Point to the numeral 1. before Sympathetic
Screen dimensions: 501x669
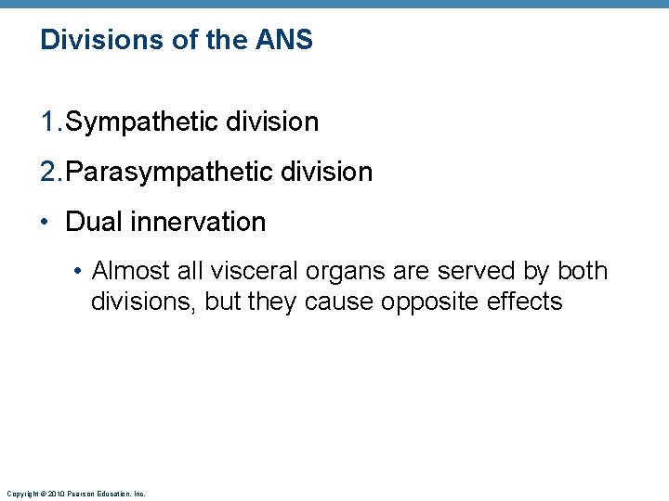click(51, 122)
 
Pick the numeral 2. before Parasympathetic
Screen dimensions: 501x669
click(51, 172)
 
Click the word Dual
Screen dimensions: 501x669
click(91, 222)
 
